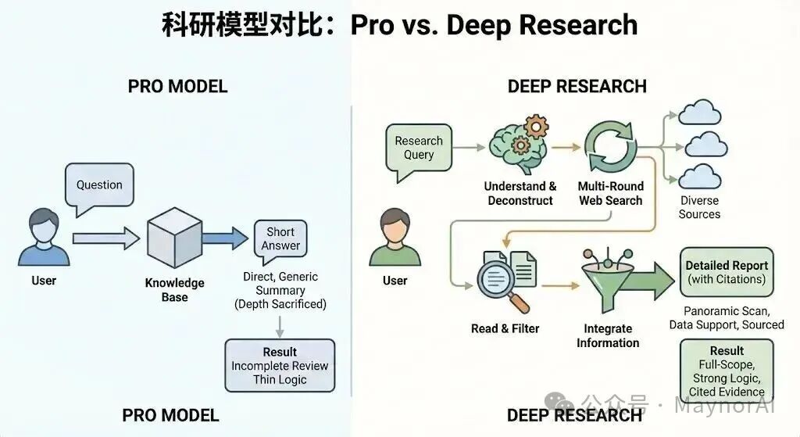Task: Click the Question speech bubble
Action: pyautogui.click(x=99, y=185)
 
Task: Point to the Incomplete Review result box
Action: pyautogui.click(x=280, y=365)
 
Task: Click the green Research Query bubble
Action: pyautogui.click(x=419, y=147)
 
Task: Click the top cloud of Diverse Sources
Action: pyautogui.click(x=699, y=114)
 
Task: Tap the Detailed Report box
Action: pyautogui.click(x=727, y=272)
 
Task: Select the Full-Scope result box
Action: pyautogui.click(x=727, y=371)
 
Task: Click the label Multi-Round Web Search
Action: pyautogui.click(x=611, y=193)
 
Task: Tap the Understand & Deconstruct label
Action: pyautogui.click(x=520, y=193)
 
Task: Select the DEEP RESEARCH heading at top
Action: pyautogui.click(x=577, y=86)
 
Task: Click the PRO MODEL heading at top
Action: pyautogui.click(x=177, y=86)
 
